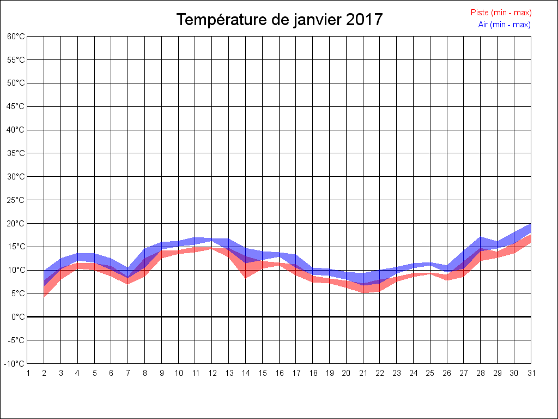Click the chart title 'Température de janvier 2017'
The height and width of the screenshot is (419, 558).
coord(280,20)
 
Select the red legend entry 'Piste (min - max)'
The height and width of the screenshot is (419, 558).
coord(501,13)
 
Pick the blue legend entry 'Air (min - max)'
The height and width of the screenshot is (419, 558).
coord(504,25)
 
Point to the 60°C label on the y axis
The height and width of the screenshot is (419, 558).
coord(16,37)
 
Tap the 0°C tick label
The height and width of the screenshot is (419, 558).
coord(18,317)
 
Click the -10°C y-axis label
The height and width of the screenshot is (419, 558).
coord(15,364)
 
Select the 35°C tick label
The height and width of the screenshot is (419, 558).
coord(16,153)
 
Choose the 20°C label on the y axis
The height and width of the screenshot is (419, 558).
coord(16,224)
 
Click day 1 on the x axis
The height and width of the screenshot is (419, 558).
coord(27,373)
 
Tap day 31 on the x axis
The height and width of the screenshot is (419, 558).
coord(531,373)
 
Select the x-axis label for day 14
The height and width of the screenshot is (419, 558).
coord(246,373)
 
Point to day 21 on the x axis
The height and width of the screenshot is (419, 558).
coord(363,373)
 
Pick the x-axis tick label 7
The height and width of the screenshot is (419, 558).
coord(128,373)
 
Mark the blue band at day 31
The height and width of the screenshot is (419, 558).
coord(530,229)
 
